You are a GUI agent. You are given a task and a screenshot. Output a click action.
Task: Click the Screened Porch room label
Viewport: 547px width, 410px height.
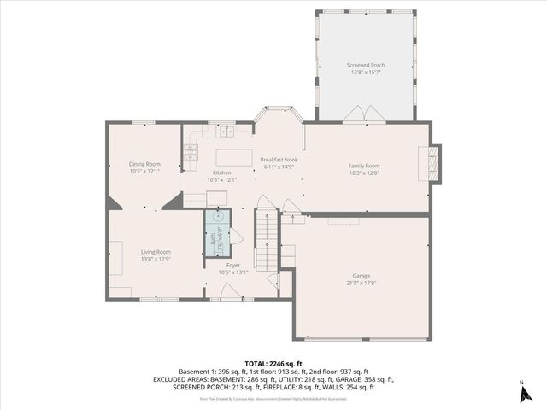pos(365,65)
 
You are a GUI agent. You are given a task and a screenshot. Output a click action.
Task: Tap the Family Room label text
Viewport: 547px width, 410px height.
pos(364,166)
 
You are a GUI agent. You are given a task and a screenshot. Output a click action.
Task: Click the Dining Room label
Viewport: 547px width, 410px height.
pos(144,164)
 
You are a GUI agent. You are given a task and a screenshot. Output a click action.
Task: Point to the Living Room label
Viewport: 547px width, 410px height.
pos(156,251)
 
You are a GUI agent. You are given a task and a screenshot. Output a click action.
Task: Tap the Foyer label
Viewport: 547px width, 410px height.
pos(232,266)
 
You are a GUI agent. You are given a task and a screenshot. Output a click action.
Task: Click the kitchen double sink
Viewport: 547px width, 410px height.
pos(226,131)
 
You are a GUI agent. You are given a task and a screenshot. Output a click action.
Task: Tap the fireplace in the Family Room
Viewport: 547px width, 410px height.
pos(435,162)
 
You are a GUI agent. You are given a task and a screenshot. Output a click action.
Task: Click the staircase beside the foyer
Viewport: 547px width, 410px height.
pos(267,235)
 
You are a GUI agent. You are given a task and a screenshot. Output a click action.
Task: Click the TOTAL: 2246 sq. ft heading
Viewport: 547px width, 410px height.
pos(273,363)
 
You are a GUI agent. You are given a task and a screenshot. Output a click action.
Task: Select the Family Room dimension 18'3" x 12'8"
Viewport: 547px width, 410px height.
pos(364,173)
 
